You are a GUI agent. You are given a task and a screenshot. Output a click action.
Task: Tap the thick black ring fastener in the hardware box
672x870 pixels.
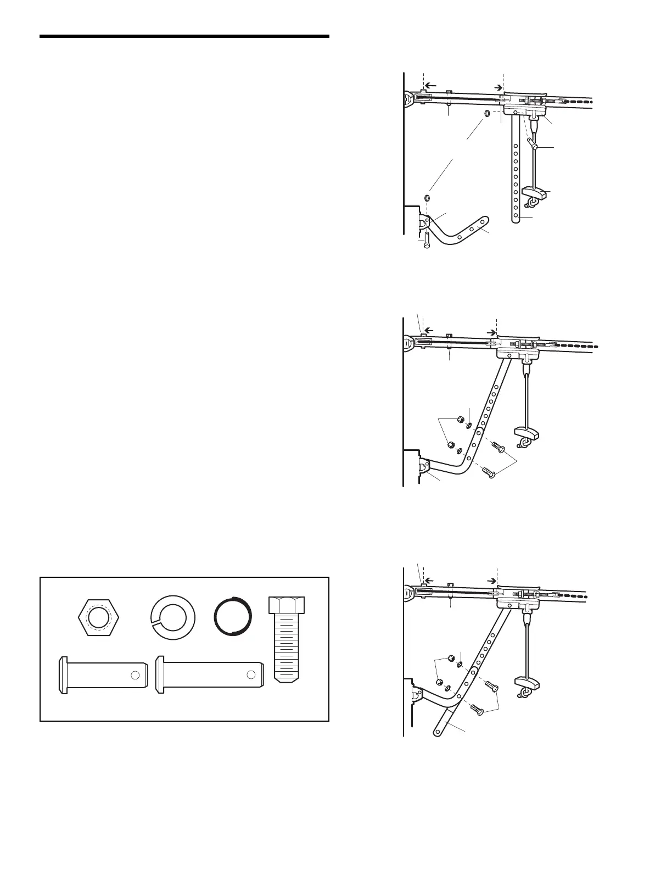pos(233,615)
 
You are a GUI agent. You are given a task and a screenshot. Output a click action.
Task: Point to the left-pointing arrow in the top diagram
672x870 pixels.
pos(432,86)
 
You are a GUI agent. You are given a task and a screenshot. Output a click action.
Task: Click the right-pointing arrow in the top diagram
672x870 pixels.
pos(497,87)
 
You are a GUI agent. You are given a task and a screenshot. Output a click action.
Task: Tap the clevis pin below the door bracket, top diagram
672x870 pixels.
pos(426,240)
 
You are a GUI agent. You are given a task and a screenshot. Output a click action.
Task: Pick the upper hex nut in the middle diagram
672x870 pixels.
pos(460,421)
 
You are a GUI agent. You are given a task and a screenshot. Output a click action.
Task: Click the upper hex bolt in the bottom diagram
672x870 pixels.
pos(491,687)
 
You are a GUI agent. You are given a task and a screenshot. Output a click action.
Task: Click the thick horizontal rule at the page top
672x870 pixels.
pos(184,37)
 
